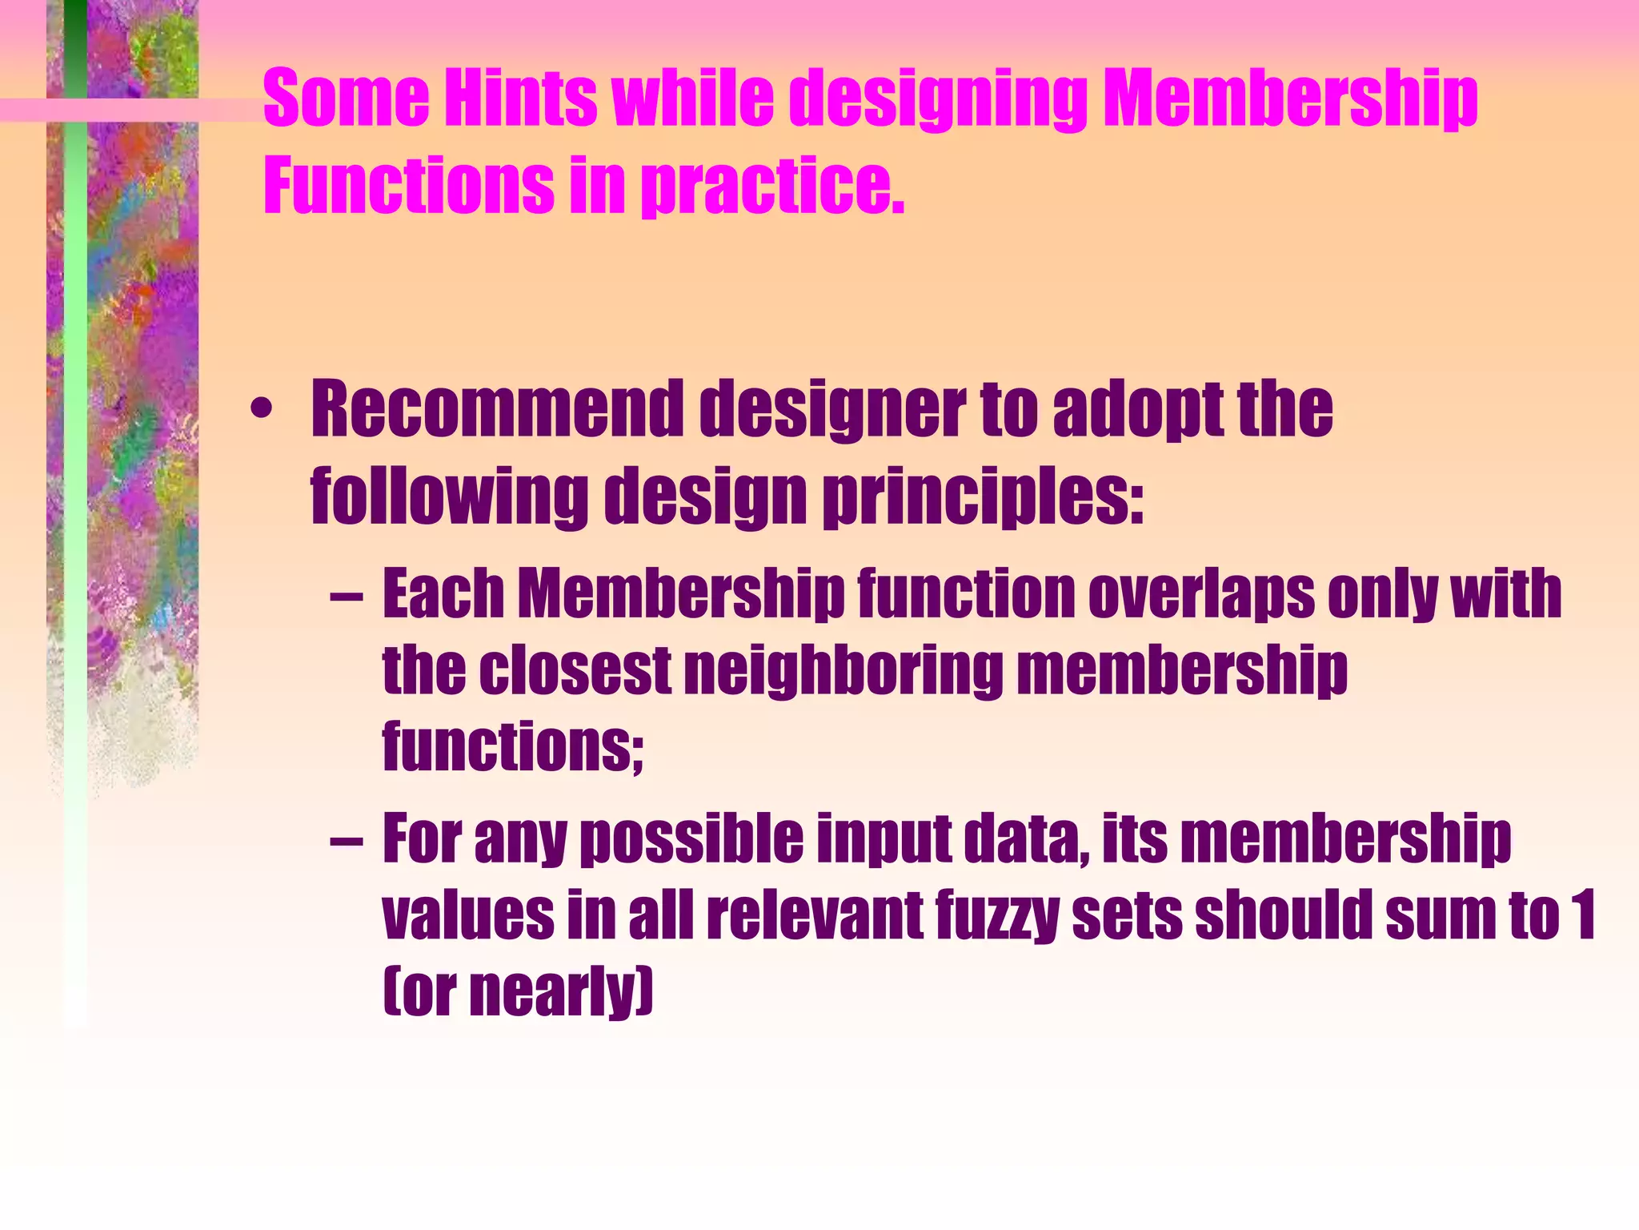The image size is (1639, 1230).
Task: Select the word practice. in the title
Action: click(x=773, y=186)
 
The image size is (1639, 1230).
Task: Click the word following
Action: click(x=449, y=496)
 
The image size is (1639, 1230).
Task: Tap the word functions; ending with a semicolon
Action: click(x=512, y=746)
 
